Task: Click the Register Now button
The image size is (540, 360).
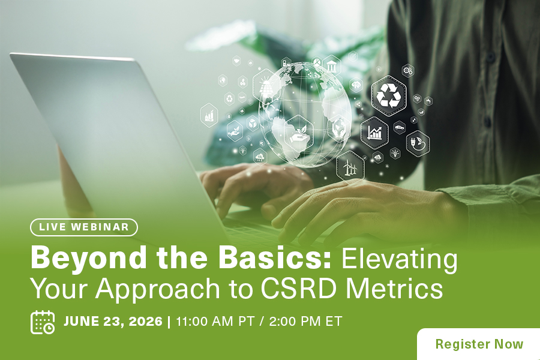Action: [479, 344]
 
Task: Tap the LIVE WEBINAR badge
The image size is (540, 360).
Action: [84, 227]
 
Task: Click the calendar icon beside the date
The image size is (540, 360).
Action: [43, 322]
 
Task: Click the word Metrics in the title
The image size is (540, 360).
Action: [394, 288]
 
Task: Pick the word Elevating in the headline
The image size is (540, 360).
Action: [399, 260]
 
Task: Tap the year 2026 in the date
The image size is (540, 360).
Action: [145, 322]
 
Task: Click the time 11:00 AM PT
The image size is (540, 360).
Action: [215, 322]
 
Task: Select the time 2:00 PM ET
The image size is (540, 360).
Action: [306, 322]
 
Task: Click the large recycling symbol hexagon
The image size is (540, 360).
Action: [388, 95]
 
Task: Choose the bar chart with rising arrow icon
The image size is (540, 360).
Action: [374, 133]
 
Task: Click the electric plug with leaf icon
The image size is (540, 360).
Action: [418, 143]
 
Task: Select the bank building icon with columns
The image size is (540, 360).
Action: [331, 65]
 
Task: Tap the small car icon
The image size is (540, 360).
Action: [400, 127]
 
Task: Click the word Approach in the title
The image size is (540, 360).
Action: [158, 290]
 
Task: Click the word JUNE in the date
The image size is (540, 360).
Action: [81, 322]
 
